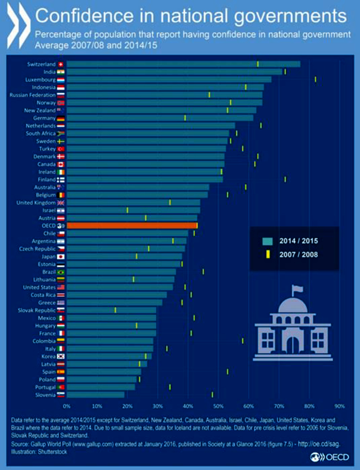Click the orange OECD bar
pyautogui.click(x=132, y=226)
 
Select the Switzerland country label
pyautogui.click(x=41, y=64)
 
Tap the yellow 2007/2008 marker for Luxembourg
pyautogui.click(x=315, y=79)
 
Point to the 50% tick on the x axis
pyautogui.click(x=218, y=406)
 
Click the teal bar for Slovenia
pyautogui.click(x=95, y=395)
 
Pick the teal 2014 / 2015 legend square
pyautogui.click(x=267, y=241)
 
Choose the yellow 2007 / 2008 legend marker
pyautogui.click(x=268, y=255)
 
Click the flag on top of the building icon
pyautogui.click(x=297, y=288)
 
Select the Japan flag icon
pyautogui.click(x=61, y=256)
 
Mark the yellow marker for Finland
pyautogui.click(x=285, y=179)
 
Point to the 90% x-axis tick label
pyautogui.click(x=339, y=406)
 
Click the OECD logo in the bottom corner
pyautogui.click(x=330, y=457)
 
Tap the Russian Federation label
pyautogui.click(x=32, y=95)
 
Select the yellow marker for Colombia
pyautogui.click(x=243, y=341)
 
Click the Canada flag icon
pyautogui.click(x=61, y=164)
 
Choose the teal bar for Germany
pyautogui.click(x=160, y=118)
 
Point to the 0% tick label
pyautogui.click(x=67, y=406)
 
